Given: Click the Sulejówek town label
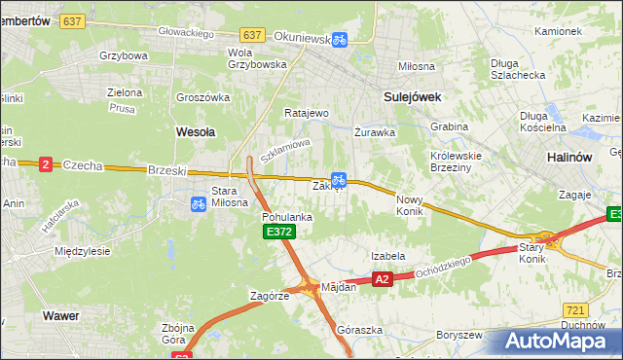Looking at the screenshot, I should pos(413,96).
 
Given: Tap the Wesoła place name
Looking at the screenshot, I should pos(195,130).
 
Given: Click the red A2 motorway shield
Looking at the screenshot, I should pos(382,279).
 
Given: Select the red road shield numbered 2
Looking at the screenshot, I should pos(45,164).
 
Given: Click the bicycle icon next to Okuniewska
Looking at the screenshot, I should pos(339,40).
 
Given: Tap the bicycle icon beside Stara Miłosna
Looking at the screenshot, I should pos(198,203).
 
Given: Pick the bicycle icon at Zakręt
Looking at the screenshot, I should pos(338,179).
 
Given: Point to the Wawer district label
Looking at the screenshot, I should pos(60,316).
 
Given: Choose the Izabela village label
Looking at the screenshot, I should pos(387,256).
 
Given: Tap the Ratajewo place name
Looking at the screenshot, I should pos(307,113).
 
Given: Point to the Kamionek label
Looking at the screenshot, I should pos(558,31).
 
